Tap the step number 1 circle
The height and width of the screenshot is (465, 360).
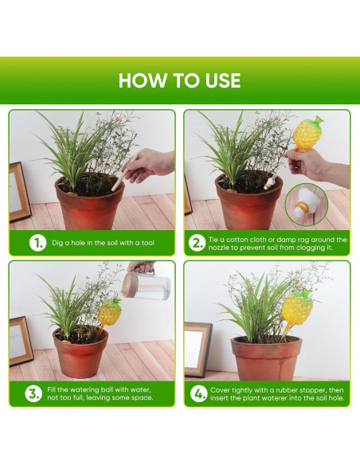tap(37, 243)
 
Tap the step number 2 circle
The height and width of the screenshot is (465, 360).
tap(197, 243)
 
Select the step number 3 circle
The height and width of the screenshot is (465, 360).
tap(33, 394)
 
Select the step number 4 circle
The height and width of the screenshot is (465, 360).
tap(198, 394)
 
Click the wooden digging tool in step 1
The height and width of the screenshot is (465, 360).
tap(124, 172)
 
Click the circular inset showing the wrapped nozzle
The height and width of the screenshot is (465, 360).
tap(307, 205)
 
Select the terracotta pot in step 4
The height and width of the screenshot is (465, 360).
tap(266, 358)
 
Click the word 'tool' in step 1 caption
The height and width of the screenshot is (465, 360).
tap(147, 243)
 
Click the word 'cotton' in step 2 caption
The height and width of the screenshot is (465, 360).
tap(237, 240)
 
